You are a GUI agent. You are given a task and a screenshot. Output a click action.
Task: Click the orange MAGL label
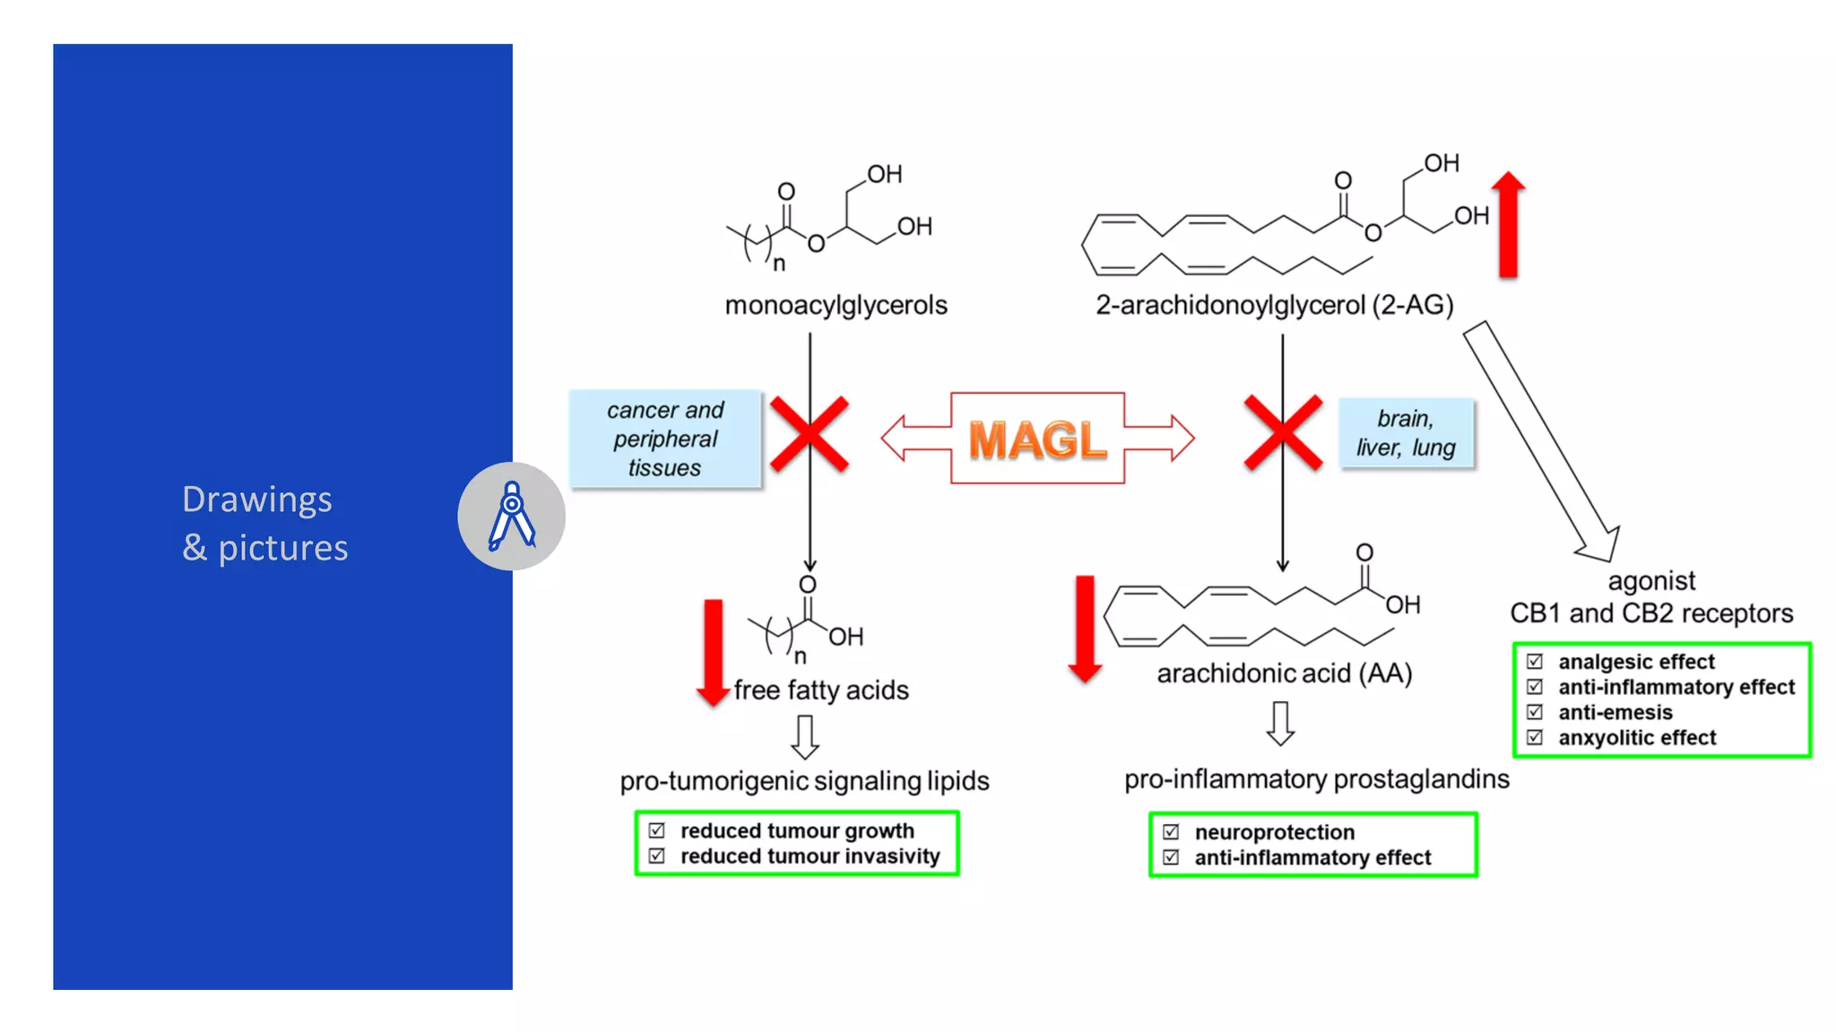click(x=1037, y=439)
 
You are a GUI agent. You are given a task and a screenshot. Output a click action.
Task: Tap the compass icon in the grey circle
click(x=512, y=516)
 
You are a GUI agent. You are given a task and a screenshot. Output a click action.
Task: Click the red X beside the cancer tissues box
click(x=809, y=435)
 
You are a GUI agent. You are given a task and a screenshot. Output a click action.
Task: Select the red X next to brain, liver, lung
click(x=1283, y=433)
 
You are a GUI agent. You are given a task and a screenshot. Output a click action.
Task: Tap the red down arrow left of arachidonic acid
click(x=1085, y=629)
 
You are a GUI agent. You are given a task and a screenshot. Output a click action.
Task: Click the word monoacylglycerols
click(x=836, y=305)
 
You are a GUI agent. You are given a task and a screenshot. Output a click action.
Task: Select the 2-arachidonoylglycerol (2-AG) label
click(x=1274, y=305)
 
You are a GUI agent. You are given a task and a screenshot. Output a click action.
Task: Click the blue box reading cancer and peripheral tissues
click(x=665, y=438)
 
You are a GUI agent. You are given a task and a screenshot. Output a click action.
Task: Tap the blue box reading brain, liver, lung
click(x=1406, y=433)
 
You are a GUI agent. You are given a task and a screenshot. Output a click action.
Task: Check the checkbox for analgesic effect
click(x=1535, y=662)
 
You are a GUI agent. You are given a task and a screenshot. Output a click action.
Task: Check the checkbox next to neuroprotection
click(x=1171, y=832)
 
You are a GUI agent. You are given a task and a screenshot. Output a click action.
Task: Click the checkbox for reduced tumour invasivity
click(x=657, y=856)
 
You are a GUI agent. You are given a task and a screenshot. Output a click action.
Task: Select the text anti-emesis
click(x=1615, y=712)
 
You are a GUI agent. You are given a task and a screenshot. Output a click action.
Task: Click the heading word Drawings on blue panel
click(x=256, y=499)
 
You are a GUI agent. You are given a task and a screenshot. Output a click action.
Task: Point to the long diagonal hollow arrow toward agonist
click(x=1542, y=439)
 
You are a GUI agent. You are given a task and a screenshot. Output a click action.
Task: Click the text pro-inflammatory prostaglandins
click(x=1316, y=778)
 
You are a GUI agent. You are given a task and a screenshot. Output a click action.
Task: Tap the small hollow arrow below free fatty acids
click(x=805, y=736)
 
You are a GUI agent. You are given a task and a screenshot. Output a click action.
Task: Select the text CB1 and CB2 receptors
click(x=1651, y=613)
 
